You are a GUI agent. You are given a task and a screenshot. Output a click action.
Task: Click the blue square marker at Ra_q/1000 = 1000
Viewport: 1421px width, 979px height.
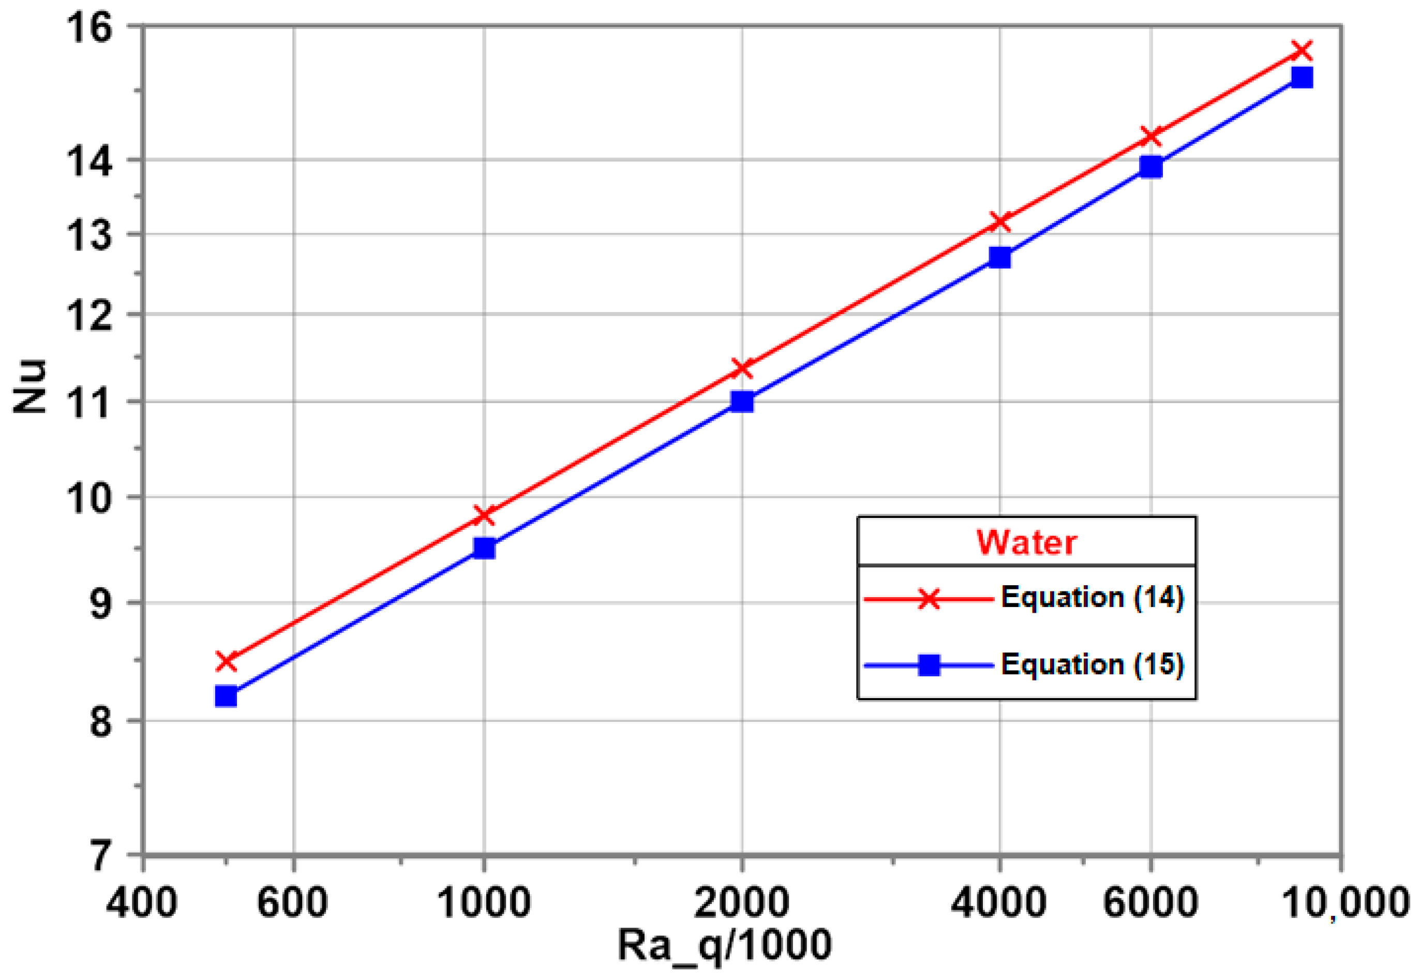484,548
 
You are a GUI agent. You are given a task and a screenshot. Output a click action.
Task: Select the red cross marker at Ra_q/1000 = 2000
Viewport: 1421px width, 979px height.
742,368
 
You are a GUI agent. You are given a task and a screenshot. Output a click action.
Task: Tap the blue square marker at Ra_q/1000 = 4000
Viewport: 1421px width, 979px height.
1000,258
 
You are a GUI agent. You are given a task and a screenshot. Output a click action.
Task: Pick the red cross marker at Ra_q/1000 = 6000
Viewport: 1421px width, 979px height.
1150,136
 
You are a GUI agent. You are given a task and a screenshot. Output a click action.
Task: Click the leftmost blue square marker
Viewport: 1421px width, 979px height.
226,696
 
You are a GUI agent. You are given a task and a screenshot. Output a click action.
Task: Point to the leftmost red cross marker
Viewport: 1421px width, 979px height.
226,661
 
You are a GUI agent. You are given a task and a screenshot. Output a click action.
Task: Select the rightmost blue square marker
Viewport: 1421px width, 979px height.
1302,77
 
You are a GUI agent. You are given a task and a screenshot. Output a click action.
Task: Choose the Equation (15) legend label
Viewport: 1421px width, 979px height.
1091,664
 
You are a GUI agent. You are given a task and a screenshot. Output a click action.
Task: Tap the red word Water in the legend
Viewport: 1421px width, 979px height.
1026,542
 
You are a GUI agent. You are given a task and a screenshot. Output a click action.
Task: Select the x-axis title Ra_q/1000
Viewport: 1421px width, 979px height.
724,945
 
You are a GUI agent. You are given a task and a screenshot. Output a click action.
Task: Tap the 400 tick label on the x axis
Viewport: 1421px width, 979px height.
142,902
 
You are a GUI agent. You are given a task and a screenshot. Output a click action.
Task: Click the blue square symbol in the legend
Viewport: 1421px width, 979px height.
929,665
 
